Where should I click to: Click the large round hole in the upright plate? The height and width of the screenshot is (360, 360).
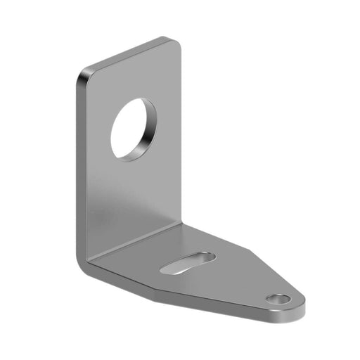pyautogui.click(x=132, y=129)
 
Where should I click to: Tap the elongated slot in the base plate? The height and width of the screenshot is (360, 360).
pyautogui.click(x=188, y=261)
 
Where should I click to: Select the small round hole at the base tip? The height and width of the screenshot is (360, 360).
pyautogui.click(x=278, y=300)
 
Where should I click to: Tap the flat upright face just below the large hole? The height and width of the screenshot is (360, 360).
pyautogui.click(x=134, y=190)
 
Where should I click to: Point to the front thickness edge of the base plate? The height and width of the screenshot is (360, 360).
pyautogui.click(x=211, y=302)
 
